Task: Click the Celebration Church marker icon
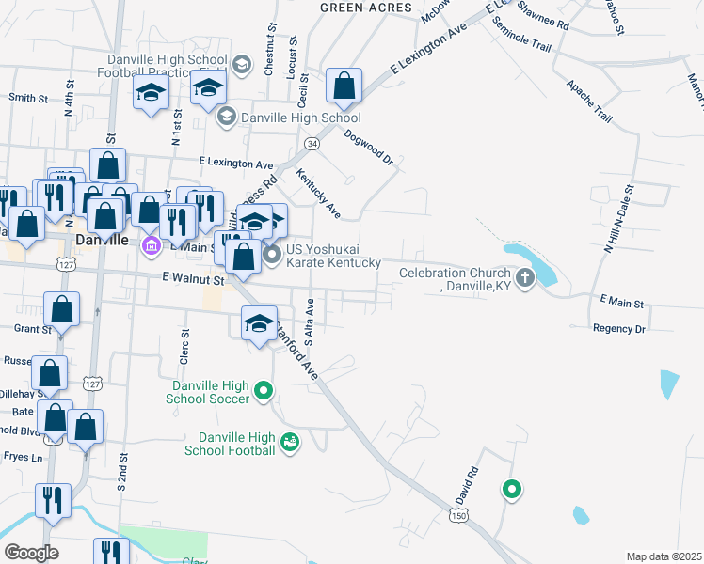524,277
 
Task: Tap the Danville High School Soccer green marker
264,390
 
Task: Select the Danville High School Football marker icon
290,441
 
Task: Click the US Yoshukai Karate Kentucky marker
272,255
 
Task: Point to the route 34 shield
312,143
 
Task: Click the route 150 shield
458,516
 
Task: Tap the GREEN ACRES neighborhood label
366,8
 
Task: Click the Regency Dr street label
618,329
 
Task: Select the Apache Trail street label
589,101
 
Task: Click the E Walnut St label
193,279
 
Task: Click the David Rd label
467,483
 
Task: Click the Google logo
31,553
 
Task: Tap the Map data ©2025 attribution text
664,556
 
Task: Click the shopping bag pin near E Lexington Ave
344,87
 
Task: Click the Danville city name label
102,240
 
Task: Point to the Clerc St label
184,346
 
